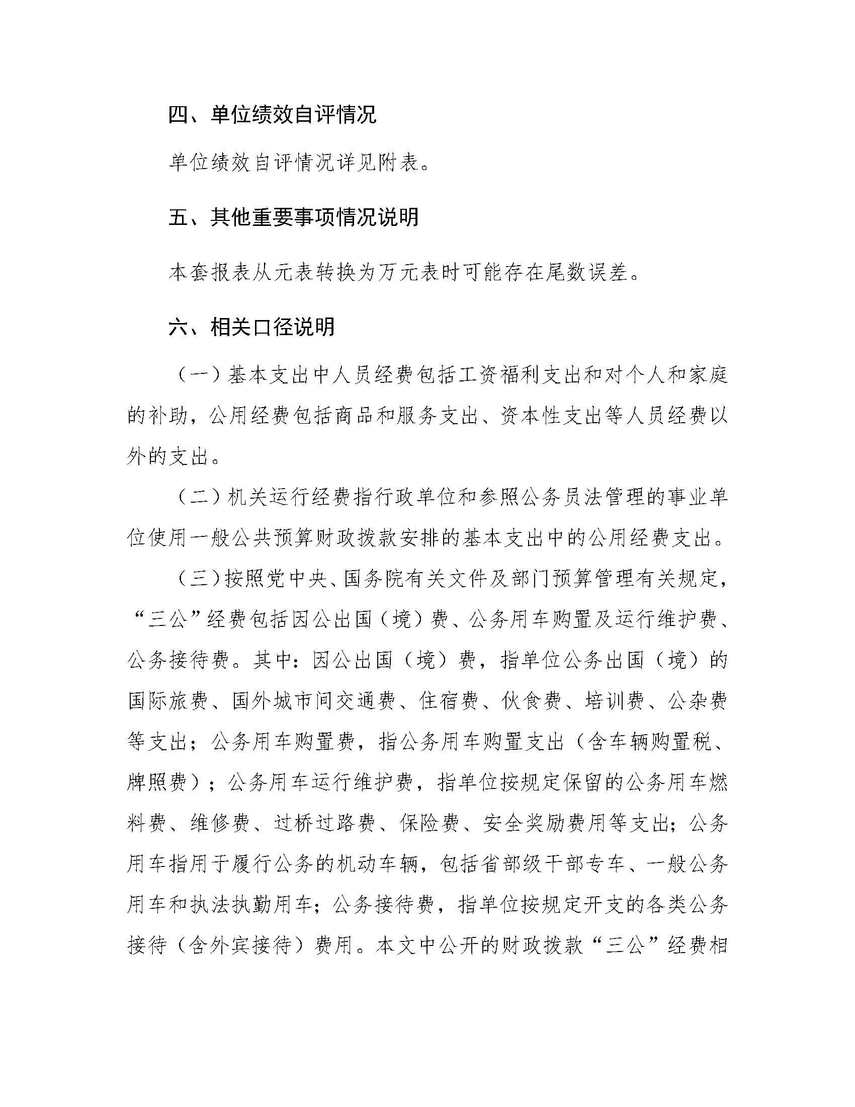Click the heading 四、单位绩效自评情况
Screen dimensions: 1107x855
click(x=273, y=116)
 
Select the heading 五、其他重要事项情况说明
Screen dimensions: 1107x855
click(x=294, y=218)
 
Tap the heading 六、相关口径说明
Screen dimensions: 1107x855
click(x=252, y=327)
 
